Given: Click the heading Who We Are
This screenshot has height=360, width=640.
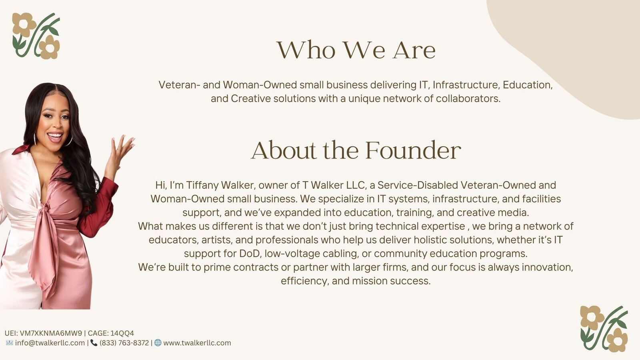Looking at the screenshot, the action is pos(356,50).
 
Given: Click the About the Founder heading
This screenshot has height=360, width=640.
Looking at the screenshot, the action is pos(356,150).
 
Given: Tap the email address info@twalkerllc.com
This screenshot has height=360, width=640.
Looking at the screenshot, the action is pos(50,343).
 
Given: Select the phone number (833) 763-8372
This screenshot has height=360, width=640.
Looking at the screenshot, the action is pos(124,343).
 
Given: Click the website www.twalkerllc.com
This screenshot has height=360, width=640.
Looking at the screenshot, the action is pos(197,343).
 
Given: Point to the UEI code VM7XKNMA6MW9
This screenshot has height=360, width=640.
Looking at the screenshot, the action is pos(51,333).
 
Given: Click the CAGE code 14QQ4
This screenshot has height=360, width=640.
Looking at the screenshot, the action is pos(122,333).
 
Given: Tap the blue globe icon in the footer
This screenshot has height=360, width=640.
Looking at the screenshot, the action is pos(158,343).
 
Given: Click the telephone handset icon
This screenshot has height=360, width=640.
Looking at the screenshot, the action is pos(94,343).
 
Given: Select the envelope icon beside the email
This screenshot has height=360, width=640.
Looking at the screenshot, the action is pos(10,343).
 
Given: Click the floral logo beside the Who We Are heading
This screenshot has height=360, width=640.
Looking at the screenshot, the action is pos(36,36).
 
